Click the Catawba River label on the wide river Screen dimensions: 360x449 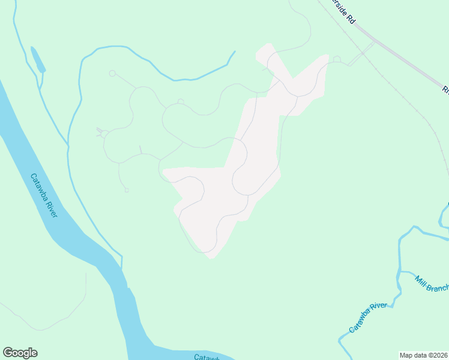coord(44,196)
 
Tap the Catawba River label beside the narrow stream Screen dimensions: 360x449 coord(369,318)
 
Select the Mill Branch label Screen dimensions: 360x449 coord(432,283)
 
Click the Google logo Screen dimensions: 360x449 coord(20,353)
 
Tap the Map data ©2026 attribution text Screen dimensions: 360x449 coord(424,355)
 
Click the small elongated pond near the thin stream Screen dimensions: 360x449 coord(37,61)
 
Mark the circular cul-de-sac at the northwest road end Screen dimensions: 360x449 coord(112,73)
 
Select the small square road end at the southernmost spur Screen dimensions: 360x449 coord(127,191)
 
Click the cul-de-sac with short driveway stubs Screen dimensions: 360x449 coord(103,133)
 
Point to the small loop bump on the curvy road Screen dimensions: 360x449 coord(181,101)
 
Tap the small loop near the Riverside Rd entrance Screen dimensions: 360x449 coord(337,59)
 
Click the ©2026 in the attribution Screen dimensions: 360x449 coord(436,355)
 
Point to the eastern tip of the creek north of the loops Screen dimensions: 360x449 coord(234,52)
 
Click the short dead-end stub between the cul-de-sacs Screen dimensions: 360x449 coord(140,149)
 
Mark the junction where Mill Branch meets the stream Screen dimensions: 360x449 coord(400,272)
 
